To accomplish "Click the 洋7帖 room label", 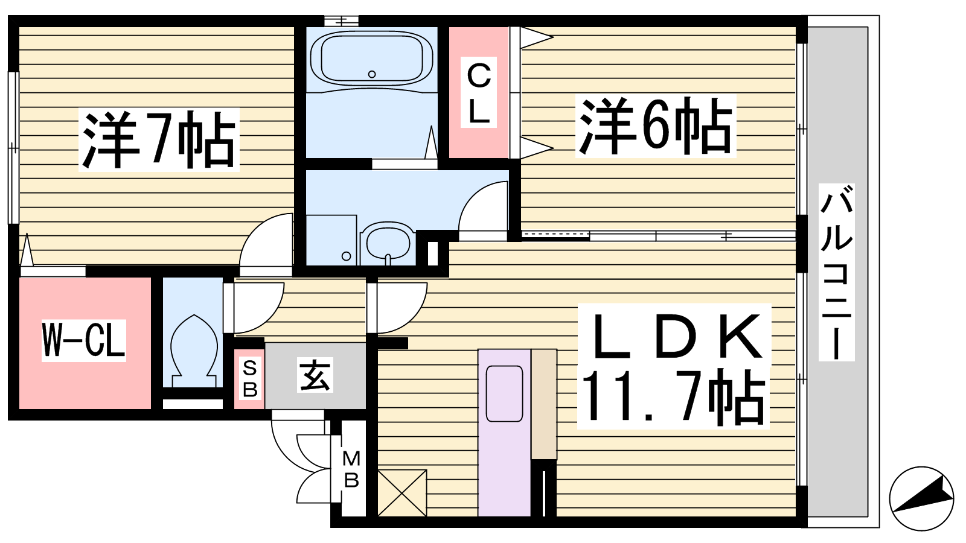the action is pyautogui.click(x=159, y=140).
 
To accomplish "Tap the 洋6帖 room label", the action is pyautogui.click(x=655, y=126).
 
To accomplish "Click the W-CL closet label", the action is pyautogui.click(x=84, y=340).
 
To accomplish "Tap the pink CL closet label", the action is pyautogui.click(x=479, y=92).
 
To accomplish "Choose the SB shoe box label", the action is pyautogui.click(x=250, y=379).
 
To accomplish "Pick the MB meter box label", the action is pyautogui.click(x=351, y=469).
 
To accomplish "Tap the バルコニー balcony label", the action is pyautogui.click(x=836, y=272).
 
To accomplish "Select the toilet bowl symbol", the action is pyautogui.click(x=194, y=351).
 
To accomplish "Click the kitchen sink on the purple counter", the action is pyautogui.click(x=504, y=393).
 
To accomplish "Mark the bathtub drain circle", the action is pyautogui.click(x=372, y=74).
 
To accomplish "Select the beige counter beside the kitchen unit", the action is pyautogui.click(x=544, y=404).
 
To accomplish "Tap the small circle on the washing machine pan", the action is pyautogui.click(x=346, y=256).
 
